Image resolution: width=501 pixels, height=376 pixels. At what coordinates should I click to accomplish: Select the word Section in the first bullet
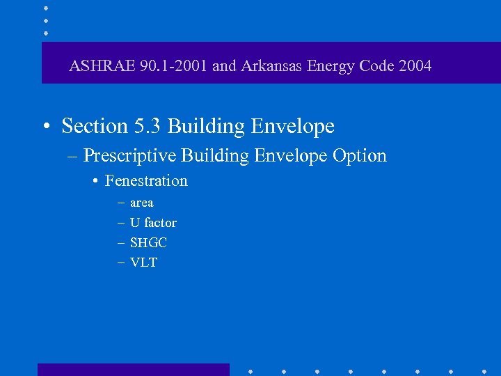[x=94, y=126]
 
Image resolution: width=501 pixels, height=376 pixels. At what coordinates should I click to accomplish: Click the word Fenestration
[x=146, y=181]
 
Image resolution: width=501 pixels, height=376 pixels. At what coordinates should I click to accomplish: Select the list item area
[x=141, y=203]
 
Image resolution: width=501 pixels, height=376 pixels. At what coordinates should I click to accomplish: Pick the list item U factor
[x=153, y=223]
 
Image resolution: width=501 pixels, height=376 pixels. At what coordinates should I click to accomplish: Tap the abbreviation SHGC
[x=148, y=243]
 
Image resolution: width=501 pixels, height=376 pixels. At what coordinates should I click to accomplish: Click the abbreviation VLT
[x=143, y=263]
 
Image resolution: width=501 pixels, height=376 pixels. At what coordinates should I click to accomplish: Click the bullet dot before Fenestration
[x=95, y=182]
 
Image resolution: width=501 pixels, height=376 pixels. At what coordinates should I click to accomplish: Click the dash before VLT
[x=121, y=263]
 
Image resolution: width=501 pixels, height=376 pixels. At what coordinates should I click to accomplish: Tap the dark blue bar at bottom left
[x=133, y=369]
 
